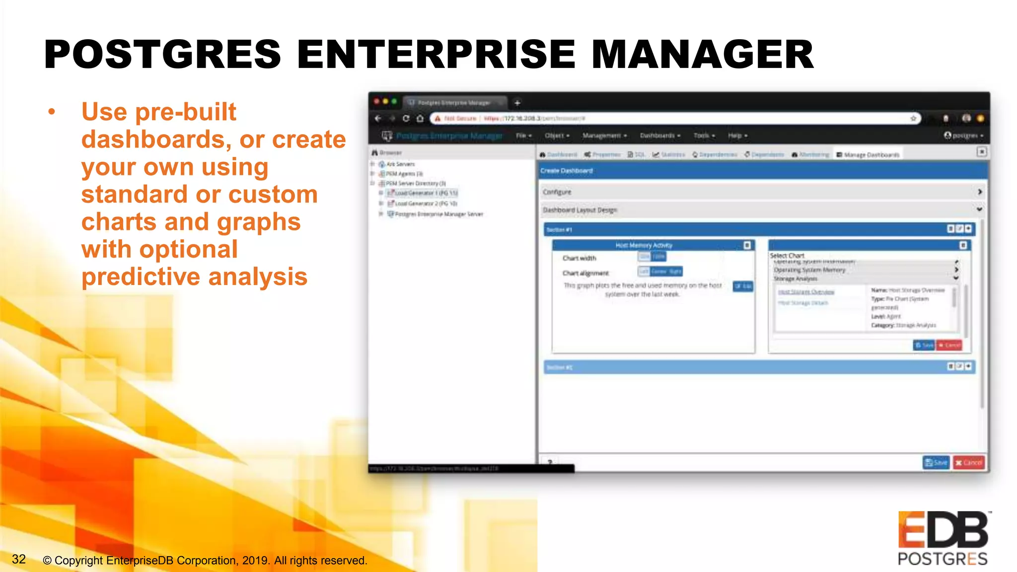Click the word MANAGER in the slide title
[702, 54]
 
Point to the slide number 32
[19, 559]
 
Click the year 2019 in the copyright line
[255, 561]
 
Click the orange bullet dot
[52, 112]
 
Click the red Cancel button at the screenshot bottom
[968, 462]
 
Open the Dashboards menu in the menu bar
[659, 136]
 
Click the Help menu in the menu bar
[737, 136]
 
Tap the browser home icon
[420, 118]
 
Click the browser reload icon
[406, 118]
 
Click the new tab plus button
[517, 103]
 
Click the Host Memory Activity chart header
[644, 245]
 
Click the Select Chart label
[787, 255]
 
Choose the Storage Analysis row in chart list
[796, 279]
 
